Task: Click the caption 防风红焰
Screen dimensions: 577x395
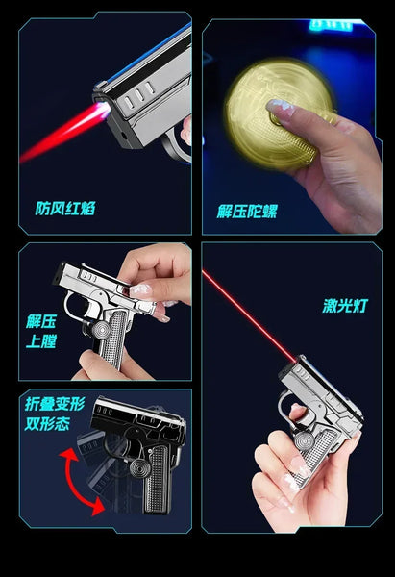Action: click(x=66, y=208)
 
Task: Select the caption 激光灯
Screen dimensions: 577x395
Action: click(x=344, y=308)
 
